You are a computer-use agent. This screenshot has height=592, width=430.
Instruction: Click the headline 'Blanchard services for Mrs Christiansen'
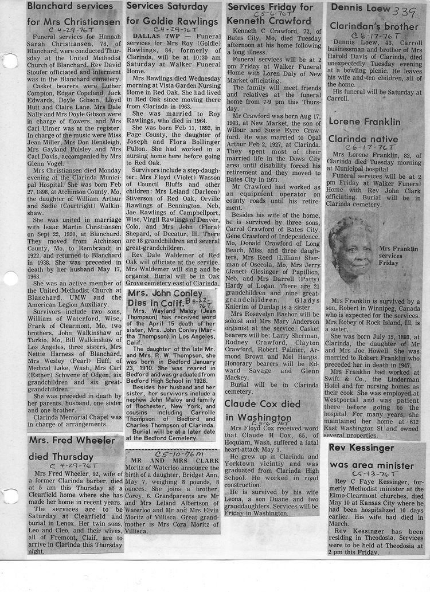click(x=74, y=15)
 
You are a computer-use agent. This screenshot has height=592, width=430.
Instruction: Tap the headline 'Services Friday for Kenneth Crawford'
click(x=270, y=15)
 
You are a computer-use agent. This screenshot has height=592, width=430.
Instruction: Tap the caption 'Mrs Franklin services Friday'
click(x=398, y=253)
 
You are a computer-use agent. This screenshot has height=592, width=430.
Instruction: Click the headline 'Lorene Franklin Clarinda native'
click(x=363, y=131)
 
